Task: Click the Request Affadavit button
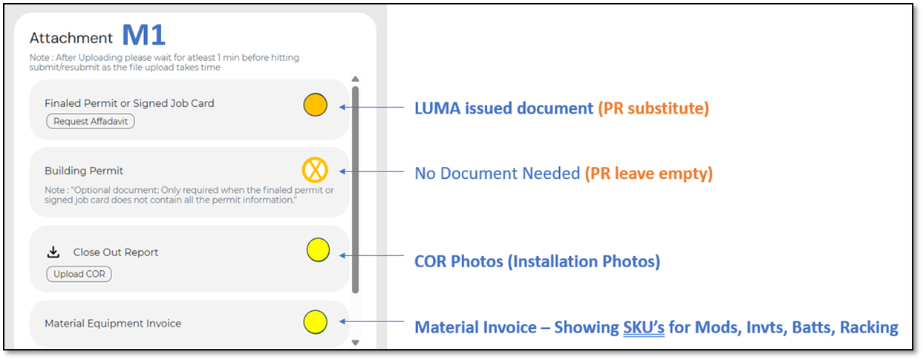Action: click(x=91, y=122)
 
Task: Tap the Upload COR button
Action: click(x=79, y=274)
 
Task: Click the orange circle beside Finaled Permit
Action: click(x=316, y=105)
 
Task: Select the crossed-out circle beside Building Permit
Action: click(x=316, y=171)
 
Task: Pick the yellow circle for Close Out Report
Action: click(x=318, y=250)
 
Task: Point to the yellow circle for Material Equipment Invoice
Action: click(x=316, y=321)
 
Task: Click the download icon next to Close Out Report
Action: click(x=53, y=252)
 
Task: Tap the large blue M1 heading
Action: click(x=143, y=35)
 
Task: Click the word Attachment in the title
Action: click(x=71, y=38)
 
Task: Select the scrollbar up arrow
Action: click(x=355, y=79)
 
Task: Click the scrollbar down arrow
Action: click(x=355, y=342)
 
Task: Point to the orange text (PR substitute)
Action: click(x=653, y=108)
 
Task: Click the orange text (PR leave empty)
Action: click(x=649, y=174)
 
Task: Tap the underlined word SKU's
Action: click(x=644, y=327)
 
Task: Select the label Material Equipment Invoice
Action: click(x=113, y=324)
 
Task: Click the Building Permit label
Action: click(x=84, y=171)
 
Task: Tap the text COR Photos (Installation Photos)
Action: click(x=537, y=261)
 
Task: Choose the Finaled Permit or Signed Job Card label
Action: click(x=129, y=103)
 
